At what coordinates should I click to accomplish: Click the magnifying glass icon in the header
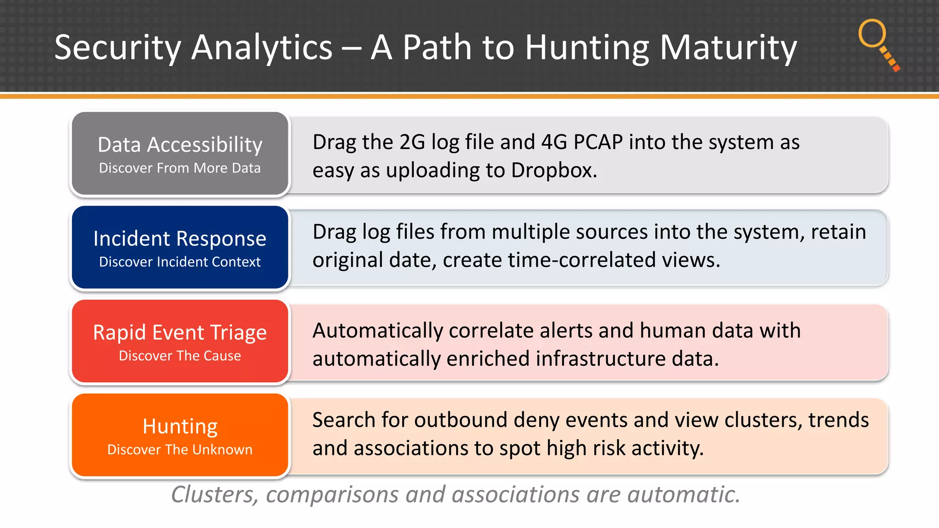click(877, 44)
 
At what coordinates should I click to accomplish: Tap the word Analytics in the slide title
click(261, 48)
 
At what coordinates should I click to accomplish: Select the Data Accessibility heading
click(180, 145)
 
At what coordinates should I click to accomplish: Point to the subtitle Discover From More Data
click(180, 168)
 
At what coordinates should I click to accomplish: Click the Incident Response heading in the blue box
click(180, 239)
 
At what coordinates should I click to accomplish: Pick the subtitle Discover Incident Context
click(180, 262)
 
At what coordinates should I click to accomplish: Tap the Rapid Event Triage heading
click(180, 332)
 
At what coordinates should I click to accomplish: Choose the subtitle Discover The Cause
click(180, 356)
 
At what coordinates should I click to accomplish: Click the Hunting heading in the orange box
click(180, 426)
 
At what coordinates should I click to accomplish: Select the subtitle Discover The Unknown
click(180, 450)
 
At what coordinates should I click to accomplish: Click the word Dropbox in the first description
click(553, 170)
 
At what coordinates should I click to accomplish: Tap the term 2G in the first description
click(412, 142)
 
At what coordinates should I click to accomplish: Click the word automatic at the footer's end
click(683, 495)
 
